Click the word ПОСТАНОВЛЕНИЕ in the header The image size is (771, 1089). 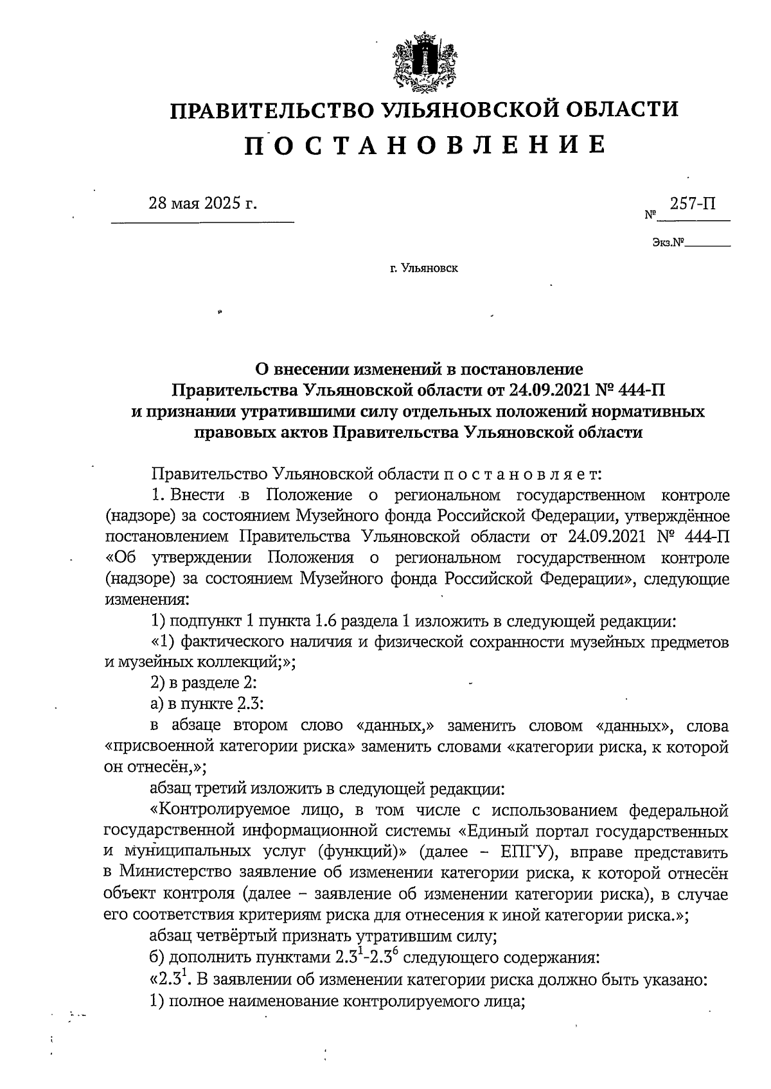click(424, 145)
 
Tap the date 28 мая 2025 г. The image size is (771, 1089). click(202, 204)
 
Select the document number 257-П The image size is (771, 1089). click(693, 204)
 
